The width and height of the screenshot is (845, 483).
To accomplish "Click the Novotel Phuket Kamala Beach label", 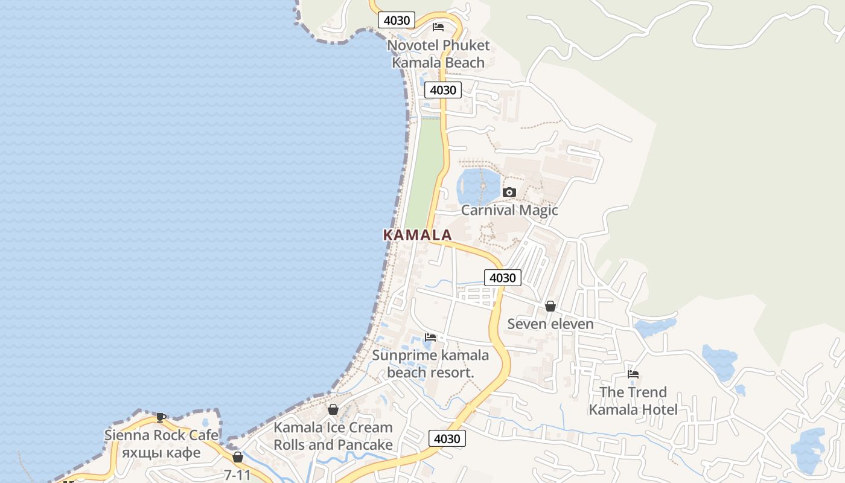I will point(438,54).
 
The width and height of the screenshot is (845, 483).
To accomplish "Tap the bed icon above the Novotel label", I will point(438,27).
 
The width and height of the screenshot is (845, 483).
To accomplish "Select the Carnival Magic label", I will point(509,210).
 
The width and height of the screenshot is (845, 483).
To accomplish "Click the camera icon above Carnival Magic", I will point(509,193).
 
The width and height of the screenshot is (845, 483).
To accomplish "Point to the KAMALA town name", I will point(417,235).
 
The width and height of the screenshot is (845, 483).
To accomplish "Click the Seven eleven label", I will point(550,324).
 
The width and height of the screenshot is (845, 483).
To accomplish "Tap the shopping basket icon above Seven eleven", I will point(550,306).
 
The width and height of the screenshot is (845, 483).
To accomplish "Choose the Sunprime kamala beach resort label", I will point(430,363).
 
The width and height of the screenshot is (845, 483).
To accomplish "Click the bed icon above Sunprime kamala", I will point(430,337).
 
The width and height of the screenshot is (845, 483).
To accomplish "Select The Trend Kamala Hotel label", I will point(633,401).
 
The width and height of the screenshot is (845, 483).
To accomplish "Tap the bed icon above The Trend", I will point(633,374).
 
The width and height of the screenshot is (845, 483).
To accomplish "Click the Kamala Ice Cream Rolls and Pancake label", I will point(333,436).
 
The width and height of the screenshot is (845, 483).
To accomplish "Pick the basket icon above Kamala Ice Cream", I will point(333,409).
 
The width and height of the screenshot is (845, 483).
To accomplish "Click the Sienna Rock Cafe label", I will point(161,435).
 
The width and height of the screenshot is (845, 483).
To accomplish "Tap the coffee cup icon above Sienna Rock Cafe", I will point(161,417).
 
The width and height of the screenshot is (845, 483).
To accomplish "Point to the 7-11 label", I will point(237,475).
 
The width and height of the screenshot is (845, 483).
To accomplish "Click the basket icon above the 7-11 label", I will point(238,458).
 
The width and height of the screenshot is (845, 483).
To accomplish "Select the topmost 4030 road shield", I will point(397,20).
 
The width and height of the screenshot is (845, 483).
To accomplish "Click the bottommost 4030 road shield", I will point(447,439).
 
